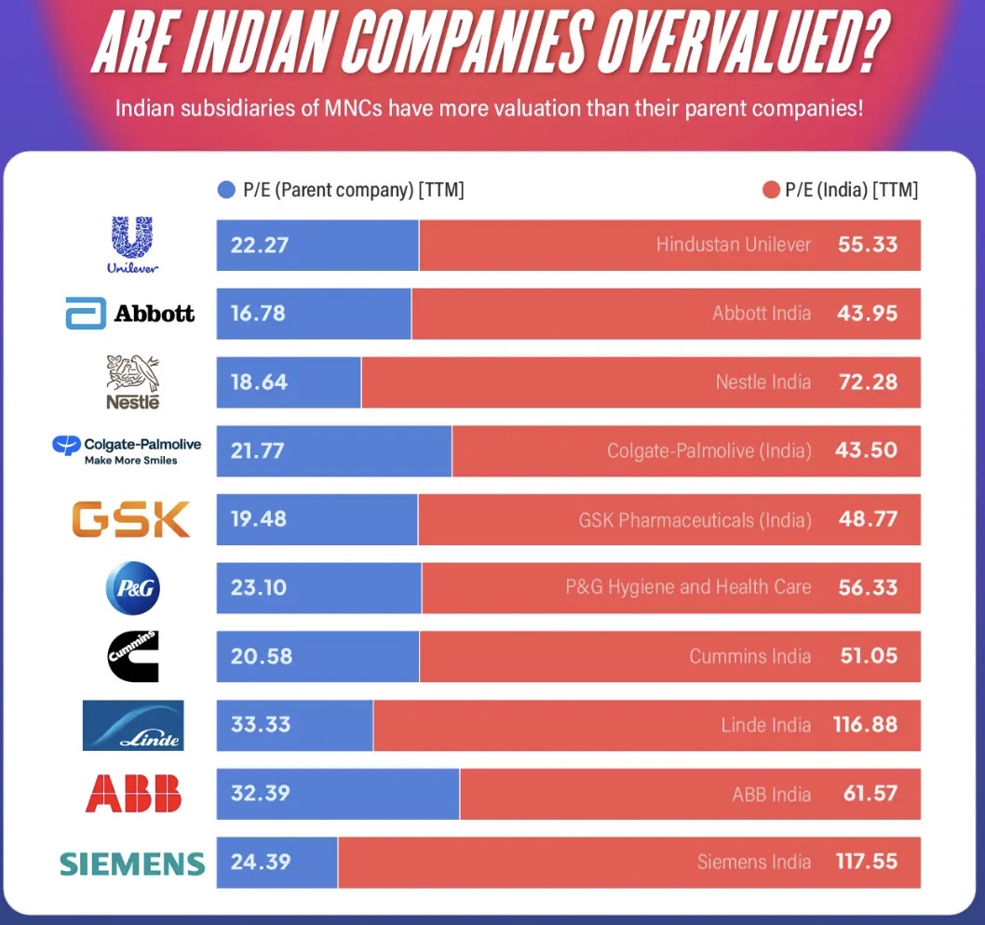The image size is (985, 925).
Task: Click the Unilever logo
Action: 133,244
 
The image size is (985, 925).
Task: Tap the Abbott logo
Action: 130,313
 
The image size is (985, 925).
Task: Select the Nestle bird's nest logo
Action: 133,382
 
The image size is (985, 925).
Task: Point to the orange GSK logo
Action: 132,519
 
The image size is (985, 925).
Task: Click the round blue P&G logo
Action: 133,588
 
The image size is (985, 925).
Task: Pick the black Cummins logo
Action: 133,656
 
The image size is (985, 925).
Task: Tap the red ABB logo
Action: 133,794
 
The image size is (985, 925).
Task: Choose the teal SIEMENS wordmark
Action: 132,863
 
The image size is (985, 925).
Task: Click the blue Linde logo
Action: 133,725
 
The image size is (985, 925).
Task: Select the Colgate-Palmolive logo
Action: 128,450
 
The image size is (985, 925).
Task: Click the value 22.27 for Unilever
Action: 260,246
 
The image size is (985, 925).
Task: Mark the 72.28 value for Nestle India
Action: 868,382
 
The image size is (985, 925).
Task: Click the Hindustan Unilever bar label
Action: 734,246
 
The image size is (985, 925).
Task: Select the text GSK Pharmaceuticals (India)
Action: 695,519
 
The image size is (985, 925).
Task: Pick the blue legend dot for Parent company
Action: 225,191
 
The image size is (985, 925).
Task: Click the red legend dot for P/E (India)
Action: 770,191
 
